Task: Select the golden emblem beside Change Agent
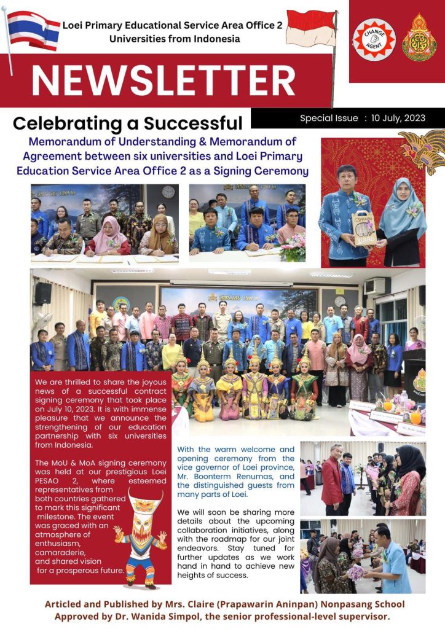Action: click(419, 39)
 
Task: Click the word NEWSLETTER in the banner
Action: click(163, 80)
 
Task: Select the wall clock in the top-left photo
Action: click(168, 192)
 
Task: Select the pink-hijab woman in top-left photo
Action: click(110, 237)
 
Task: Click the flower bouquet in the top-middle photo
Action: click(292, 246)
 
